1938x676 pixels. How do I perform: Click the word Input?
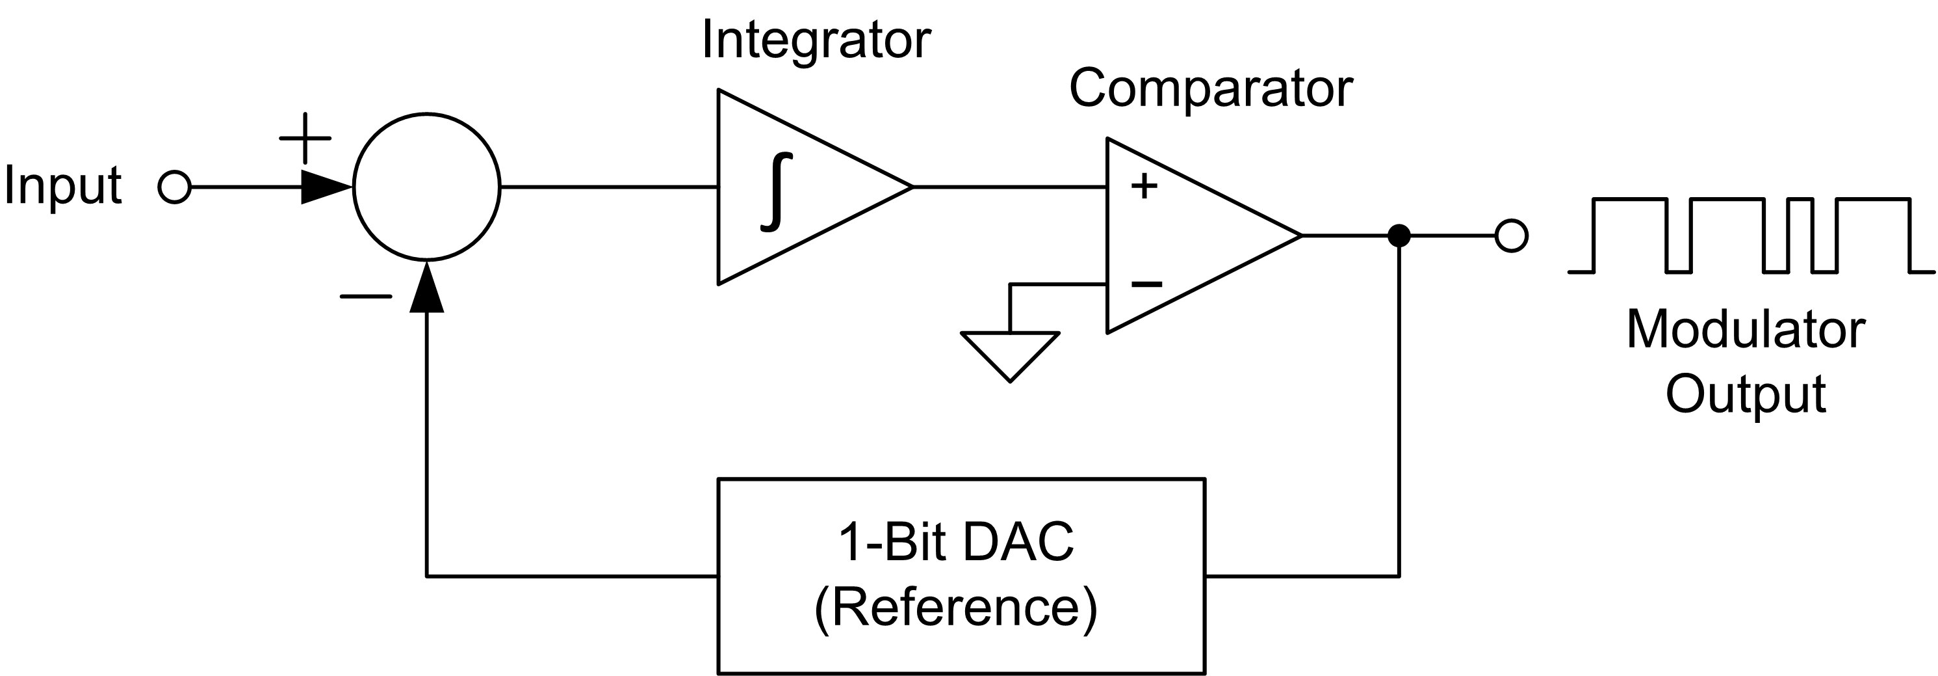(x=62, y=185)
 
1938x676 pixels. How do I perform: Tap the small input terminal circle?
(x=175, y=187)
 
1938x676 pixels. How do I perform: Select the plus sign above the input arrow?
(x=305, y=139)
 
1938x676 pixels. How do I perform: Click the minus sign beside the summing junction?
(x=366, y=297)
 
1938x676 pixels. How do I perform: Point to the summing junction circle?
(x=426, y=187)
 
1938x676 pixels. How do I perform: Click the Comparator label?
(x=1211, y=89)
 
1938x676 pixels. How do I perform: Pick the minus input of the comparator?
(x=1146, y=284)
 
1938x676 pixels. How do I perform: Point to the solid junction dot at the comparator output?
(x=1399, y=236)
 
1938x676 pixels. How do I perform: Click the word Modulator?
(x=1746, y=330)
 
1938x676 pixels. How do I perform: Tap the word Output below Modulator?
(x=1746, y=394)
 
